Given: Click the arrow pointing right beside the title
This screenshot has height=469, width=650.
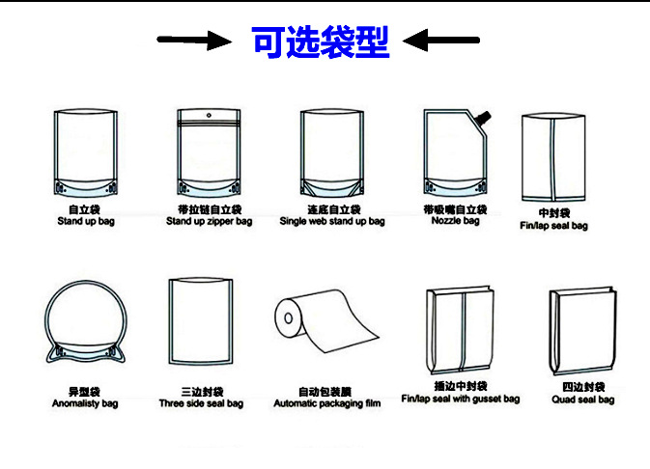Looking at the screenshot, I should (193, 41).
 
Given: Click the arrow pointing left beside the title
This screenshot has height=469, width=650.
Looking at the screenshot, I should (441, 41).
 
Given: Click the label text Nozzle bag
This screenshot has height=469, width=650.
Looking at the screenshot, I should (455, 221).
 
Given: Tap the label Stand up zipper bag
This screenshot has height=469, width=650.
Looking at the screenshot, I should (209, 222).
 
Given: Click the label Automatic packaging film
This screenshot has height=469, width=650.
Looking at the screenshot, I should (326, 403).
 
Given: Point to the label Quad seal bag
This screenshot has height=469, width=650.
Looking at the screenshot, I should (582, 400).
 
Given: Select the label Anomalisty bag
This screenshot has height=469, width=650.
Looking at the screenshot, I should (85, 403).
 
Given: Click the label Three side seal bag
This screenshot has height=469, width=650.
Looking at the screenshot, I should (201, 403).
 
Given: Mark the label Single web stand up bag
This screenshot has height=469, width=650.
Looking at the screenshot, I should (331, 222).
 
